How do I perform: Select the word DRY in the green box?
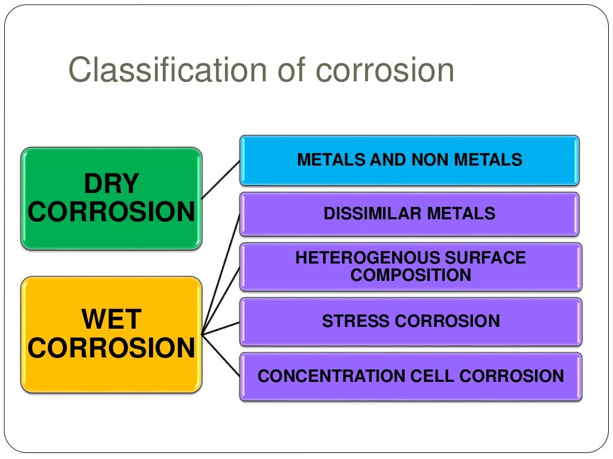pos(111,184)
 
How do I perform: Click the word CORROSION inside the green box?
pos(111,212)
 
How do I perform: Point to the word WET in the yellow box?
pos(111,320)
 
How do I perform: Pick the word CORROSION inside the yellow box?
pos(111,348)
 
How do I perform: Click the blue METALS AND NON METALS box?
pos(409,160)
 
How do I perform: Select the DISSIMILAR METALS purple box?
pos(409,213)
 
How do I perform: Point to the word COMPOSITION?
pos(411,275)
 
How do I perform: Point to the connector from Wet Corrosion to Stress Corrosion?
pos(221,328)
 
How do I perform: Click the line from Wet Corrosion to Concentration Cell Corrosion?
pos(221,355)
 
